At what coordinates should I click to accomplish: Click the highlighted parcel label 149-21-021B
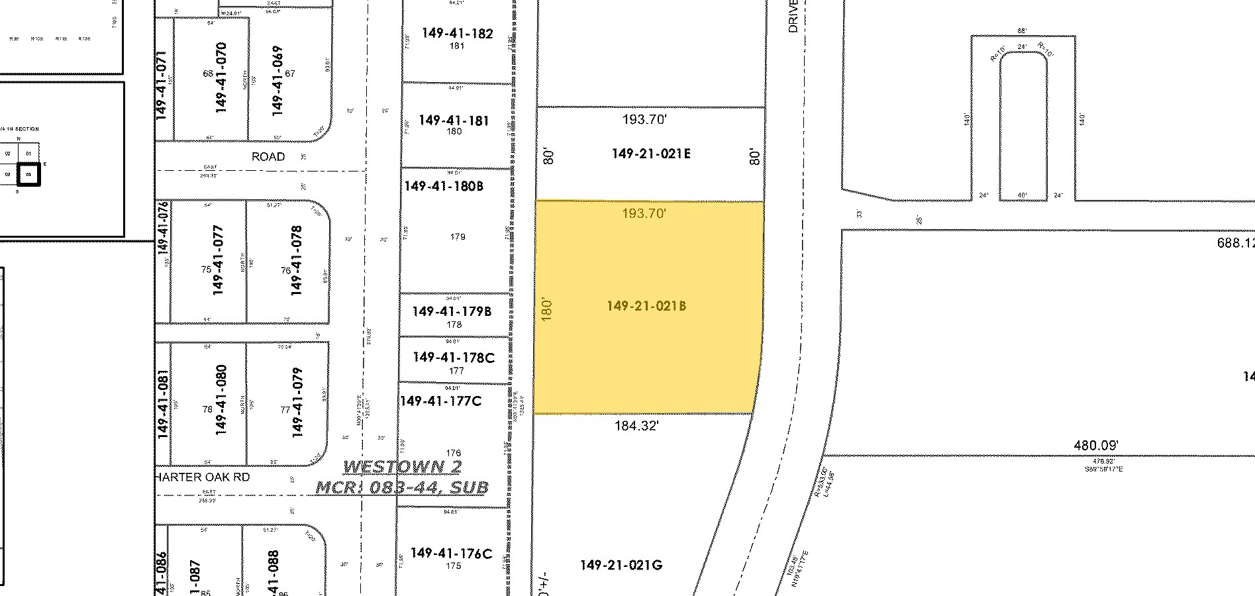[x=646, y=306]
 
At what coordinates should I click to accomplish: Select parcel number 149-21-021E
[x=651, y=154]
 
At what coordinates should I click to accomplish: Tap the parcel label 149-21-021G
[x=621, y=565]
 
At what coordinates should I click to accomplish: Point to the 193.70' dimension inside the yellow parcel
[x=644, y=213]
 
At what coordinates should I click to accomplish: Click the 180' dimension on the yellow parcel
[x=546, y=308]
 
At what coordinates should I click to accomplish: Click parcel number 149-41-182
[x=456, y=33]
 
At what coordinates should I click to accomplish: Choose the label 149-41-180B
[x=444, y=186]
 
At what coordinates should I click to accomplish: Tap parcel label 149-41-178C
[x=454, y=358]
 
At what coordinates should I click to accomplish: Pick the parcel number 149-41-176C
[x=451, y=554]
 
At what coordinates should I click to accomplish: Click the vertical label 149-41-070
[x=221, y=77]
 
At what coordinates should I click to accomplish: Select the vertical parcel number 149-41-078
[x=296, y=260]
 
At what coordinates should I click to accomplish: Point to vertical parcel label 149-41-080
[x=221, y=399]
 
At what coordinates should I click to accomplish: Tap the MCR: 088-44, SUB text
[x=402, y=488]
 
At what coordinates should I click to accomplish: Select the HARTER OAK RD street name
[x=202, y=477]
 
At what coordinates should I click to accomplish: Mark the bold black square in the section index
[x=29, y=175]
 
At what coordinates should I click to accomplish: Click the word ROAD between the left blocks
[x=268, y=157]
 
